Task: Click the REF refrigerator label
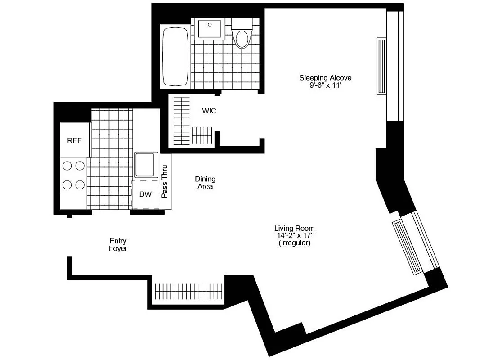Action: (x=75, y=140)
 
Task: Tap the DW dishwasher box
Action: (x=145, y=194)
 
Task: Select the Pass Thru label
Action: (x=165, y=182)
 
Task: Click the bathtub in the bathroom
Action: (x=175, y=57)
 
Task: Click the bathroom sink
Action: (x=210, y=29)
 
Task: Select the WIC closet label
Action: (x=209, y=111)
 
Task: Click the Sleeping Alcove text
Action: (x=325, y=78)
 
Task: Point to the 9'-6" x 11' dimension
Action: (x=325, y=85)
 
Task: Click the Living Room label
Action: (x=295, y=228)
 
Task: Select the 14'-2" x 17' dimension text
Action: (x=295, y=235)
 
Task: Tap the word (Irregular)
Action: (x=295, y=243)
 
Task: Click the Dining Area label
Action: (x=205, y=183)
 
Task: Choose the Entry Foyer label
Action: (x=118, y=245)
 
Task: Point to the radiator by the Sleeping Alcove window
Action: (x=381, y=66)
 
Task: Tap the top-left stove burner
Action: (x=67, y=166)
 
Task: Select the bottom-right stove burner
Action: (x=80, y=184)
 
